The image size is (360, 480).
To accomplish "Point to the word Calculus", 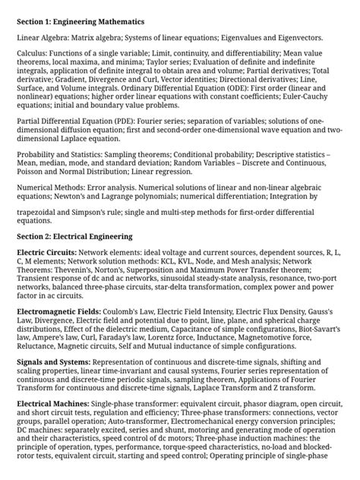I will (x=33, y=60).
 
